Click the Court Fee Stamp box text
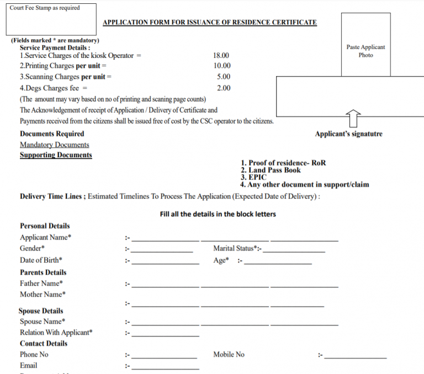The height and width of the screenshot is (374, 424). tap(44, 8)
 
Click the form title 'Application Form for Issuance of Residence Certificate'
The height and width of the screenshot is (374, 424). tap(210, 23)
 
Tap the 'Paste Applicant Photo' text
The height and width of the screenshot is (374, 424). tap(365, 51)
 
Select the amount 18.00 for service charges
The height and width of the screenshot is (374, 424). tap(221, 56)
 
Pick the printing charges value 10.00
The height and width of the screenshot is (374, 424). tap(222, 66)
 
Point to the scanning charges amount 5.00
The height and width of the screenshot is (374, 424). tap(224, 77)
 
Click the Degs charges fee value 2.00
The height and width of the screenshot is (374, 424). tap(224, 88)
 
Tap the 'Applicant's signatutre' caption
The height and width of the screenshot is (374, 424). tap(348, 134)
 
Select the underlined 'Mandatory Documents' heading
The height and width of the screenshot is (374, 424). tap(54, 145)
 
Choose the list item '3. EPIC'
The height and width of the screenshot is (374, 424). tap(253, 178)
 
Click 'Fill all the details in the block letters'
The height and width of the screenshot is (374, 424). tap(218, 214)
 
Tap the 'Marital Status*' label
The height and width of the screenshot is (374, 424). tap(237, 249)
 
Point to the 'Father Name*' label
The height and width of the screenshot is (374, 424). tap(41, 284)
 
